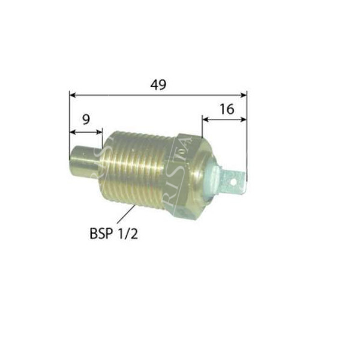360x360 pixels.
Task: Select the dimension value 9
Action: [x=86, y=119]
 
